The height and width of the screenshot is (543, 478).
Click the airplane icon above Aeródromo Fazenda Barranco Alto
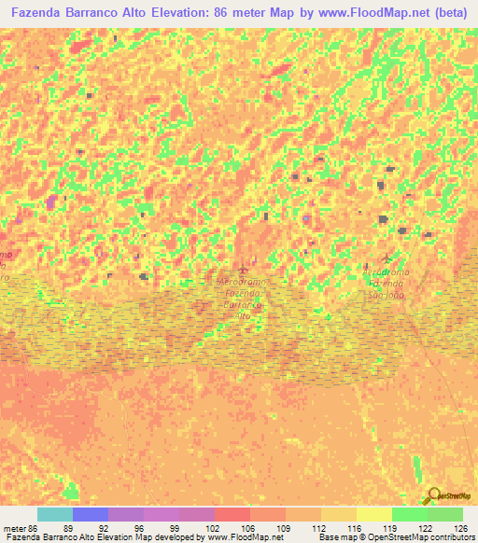[x=245, y=269]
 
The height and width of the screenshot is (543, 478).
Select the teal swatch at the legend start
[x=55, y=514]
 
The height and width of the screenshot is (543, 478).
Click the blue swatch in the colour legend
[x=91, y=514]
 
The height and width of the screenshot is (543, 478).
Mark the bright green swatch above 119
[x=410, y=514]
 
